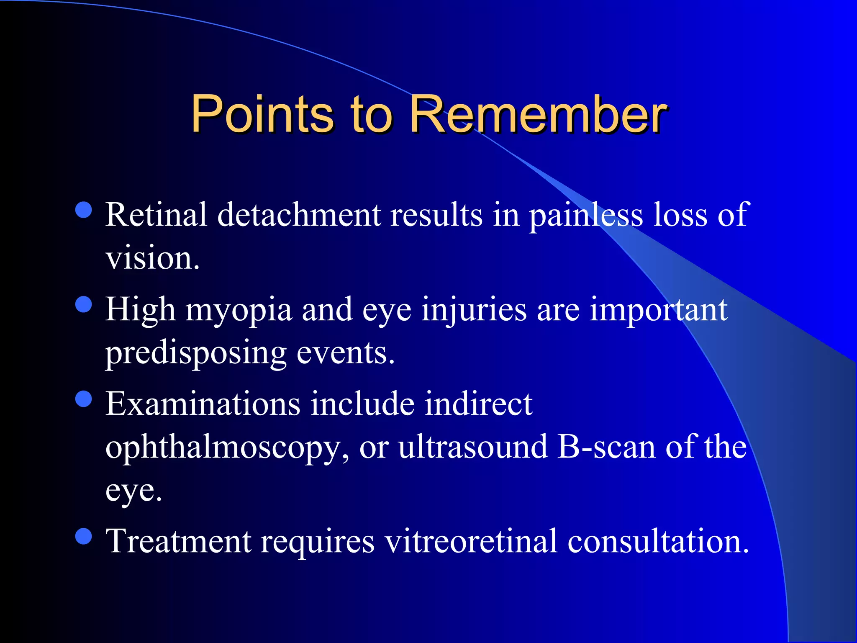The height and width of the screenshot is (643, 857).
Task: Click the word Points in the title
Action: pyautogui.click(x=262, y=114)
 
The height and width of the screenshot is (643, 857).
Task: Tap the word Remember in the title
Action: pyautogui.click(x=537, y=114)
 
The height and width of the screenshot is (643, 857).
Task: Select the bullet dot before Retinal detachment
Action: pyautogui.click(x=84, y=210)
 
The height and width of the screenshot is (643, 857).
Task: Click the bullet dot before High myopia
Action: pyautogui.click(x=84, y=304)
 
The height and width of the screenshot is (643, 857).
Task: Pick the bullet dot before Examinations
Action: pyautogui.click(x=84, y=399)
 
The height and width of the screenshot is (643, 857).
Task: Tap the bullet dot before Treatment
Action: pyautogui.click(x=84, y=536)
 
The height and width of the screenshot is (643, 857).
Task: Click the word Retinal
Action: pyautogui.click(x=156, y=214)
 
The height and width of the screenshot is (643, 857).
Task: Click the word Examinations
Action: pyautogui.click(x=203, y=404)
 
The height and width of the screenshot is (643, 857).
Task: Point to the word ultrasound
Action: pyautogui.click(x=473, y=447)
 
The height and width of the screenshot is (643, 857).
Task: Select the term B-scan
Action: pyautogui.click(x=607, y=447)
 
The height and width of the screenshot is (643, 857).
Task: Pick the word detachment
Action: pyautogui.click(x=299, y=214)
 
